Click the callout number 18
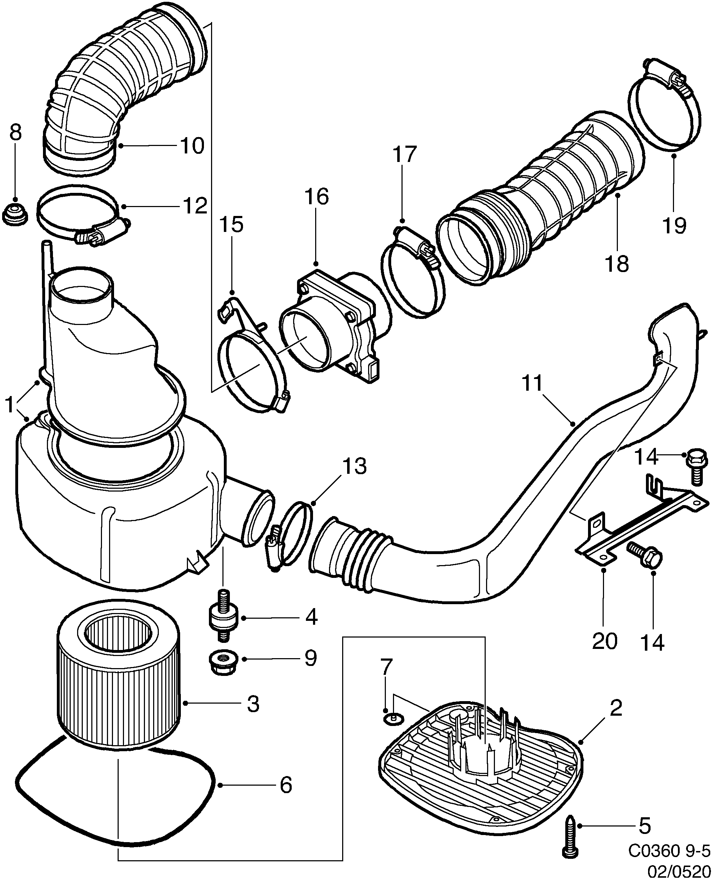[x=617, y=263]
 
